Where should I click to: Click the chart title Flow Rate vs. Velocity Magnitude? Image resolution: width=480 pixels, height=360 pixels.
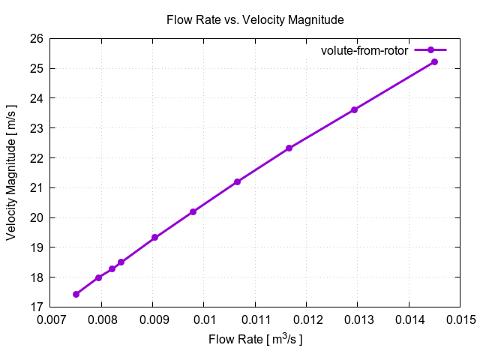(255, 19)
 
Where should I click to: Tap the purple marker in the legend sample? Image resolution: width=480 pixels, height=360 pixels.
(430, 50)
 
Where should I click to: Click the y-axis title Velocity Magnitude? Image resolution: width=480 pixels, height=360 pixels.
(11, 172)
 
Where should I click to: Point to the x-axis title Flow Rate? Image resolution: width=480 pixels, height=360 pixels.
(255, 340)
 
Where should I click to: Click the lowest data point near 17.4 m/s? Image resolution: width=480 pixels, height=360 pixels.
(76, 294)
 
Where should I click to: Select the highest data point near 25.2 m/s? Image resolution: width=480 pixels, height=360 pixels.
(434, 61)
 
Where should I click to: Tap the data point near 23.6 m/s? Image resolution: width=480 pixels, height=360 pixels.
(354, 109)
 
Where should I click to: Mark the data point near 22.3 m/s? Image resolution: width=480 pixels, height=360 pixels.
(289, 148)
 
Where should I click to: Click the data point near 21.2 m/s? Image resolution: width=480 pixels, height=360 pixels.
(237, 181)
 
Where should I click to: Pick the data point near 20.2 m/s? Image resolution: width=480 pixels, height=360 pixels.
(193, 211)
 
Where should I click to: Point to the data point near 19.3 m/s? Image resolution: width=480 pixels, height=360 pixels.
(154, 238)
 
